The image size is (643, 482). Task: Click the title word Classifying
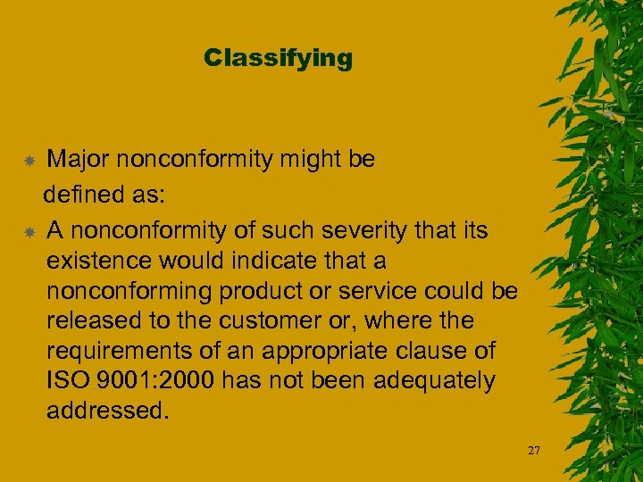(278, 59)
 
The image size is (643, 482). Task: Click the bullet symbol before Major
(29, 162)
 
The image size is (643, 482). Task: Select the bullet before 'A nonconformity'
(29, 232)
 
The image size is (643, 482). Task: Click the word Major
(78, 160)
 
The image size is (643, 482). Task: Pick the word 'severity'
(363, 231)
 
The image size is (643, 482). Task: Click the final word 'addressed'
(106, 411)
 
